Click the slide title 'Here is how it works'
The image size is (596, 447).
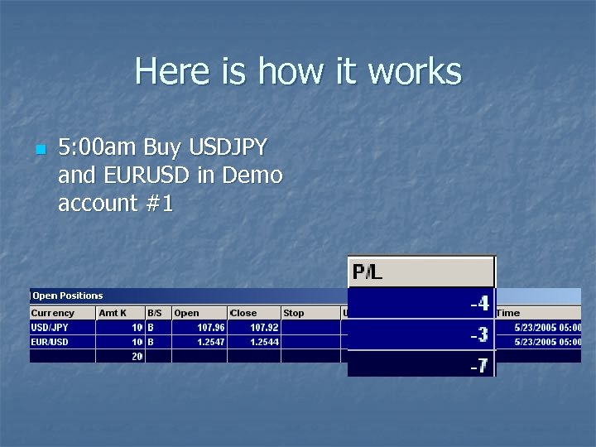(x=298, y=71)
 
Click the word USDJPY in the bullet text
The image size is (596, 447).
(x=228, y=148)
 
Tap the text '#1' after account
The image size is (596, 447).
(x=157, y=203)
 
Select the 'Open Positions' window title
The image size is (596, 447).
(x=68, y=296)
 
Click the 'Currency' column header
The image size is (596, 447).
(x=53, y=313)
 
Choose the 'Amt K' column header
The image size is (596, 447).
(x=113, y=313)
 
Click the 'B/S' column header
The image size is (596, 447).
(x=155, y=313)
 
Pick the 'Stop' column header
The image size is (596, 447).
(x=294, y=313)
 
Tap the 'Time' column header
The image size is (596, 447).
(x=508, y=313)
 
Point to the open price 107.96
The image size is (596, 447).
(x=210, y=327)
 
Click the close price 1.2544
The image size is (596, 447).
(x=264, y=341)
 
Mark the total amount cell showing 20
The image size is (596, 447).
(x=137, y=356)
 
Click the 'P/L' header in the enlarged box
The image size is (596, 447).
(x=368, y=272)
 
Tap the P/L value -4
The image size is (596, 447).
(x=479, y=304)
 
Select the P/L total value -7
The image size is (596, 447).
(x=479, y=364)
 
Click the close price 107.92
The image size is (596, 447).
(x=264, y=327)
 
